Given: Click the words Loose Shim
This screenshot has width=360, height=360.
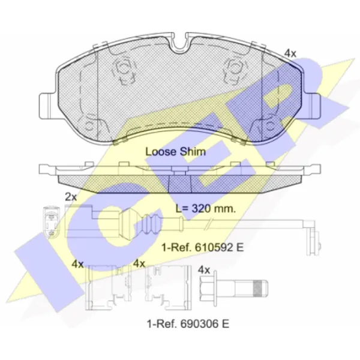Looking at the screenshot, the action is (x=176, y=152).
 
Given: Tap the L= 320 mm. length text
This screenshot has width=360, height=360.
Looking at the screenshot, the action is (x=206, y=209).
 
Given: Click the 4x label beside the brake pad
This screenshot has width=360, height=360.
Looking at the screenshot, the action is (x=290, y=53).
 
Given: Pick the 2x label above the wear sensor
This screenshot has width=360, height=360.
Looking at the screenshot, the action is (x=71, y=197).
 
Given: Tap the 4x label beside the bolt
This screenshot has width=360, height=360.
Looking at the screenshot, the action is (x=204, y=270).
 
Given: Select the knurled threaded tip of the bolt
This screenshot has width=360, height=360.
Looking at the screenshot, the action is (x=260, y=289).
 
